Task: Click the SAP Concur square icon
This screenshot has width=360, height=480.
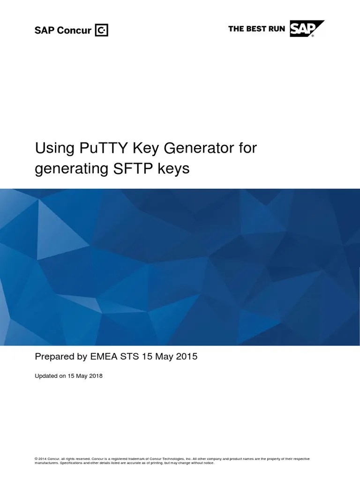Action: click(x=102, y=30)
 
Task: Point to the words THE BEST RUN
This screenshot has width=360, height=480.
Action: click(x=257, y=29)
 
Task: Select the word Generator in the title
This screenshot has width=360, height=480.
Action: click(x=182, y=150)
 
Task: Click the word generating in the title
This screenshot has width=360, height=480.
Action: click(x=70, y=169)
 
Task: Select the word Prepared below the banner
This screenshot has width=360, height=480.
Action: click(x=54, y=357)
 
